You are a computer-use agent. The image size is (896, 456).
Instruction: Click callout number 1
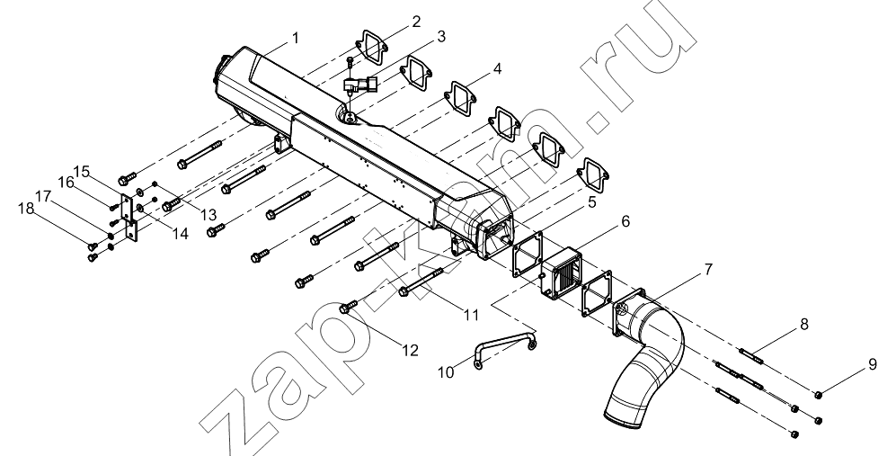coord(295,39)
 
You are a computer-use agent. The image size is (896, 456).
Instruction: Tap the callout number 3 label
coord(440,37)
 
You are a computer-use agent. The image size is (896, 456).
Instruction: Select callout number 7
coord(708,269)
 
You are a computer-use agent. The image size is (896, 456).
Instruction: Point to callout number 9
coord(873,364)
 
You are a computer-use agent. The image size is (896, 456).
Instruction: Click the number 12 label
coord(411,350)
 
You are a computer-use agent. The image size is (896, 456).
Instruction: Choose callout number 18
coord(26,209)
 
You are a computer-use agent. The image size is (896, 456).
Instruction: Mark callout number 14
coord(181,234)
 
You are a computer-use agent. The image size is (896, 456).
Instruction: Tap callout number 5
coord(591,202)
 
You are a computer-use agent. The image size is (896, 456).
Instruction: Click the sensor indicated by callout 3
coord(359,85)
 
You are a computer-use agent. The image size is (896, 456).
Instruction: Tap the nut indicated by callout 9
coord(818,394)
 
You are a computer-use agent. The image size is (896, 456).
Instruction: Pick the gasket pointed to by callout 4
coord(461,97)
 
